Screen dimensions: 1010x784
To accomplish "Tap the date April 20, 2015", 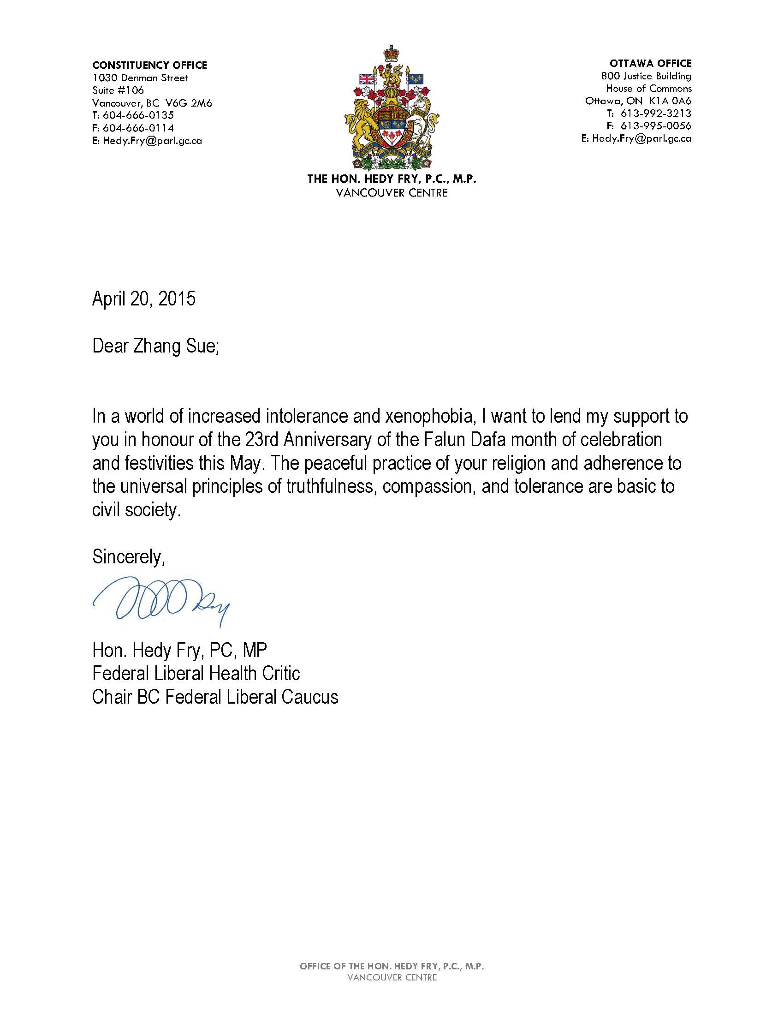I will pos(144,299).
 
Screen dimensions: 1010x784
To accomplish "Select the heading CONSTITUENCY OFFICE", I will pos(149,65).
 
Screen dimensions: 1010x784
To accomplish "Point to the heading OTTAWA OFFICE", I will pos(650,63).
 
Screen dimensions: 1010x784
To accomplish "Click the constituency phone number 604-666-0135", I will pos(138,115).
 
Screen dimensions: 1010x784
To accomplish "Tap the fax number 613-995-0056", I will pos(655,126).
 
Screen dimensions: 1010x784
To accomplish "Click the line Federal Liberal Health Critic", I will pos(196,673).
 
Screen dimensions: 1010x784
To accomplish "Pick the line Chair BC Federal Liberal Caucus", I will pos(215,697).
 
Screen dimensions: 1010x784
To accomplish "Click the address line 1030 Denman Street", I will pos(140,78).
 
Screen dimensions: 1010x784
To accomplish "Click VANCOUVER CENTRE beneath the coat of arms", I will pos(392,193).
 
